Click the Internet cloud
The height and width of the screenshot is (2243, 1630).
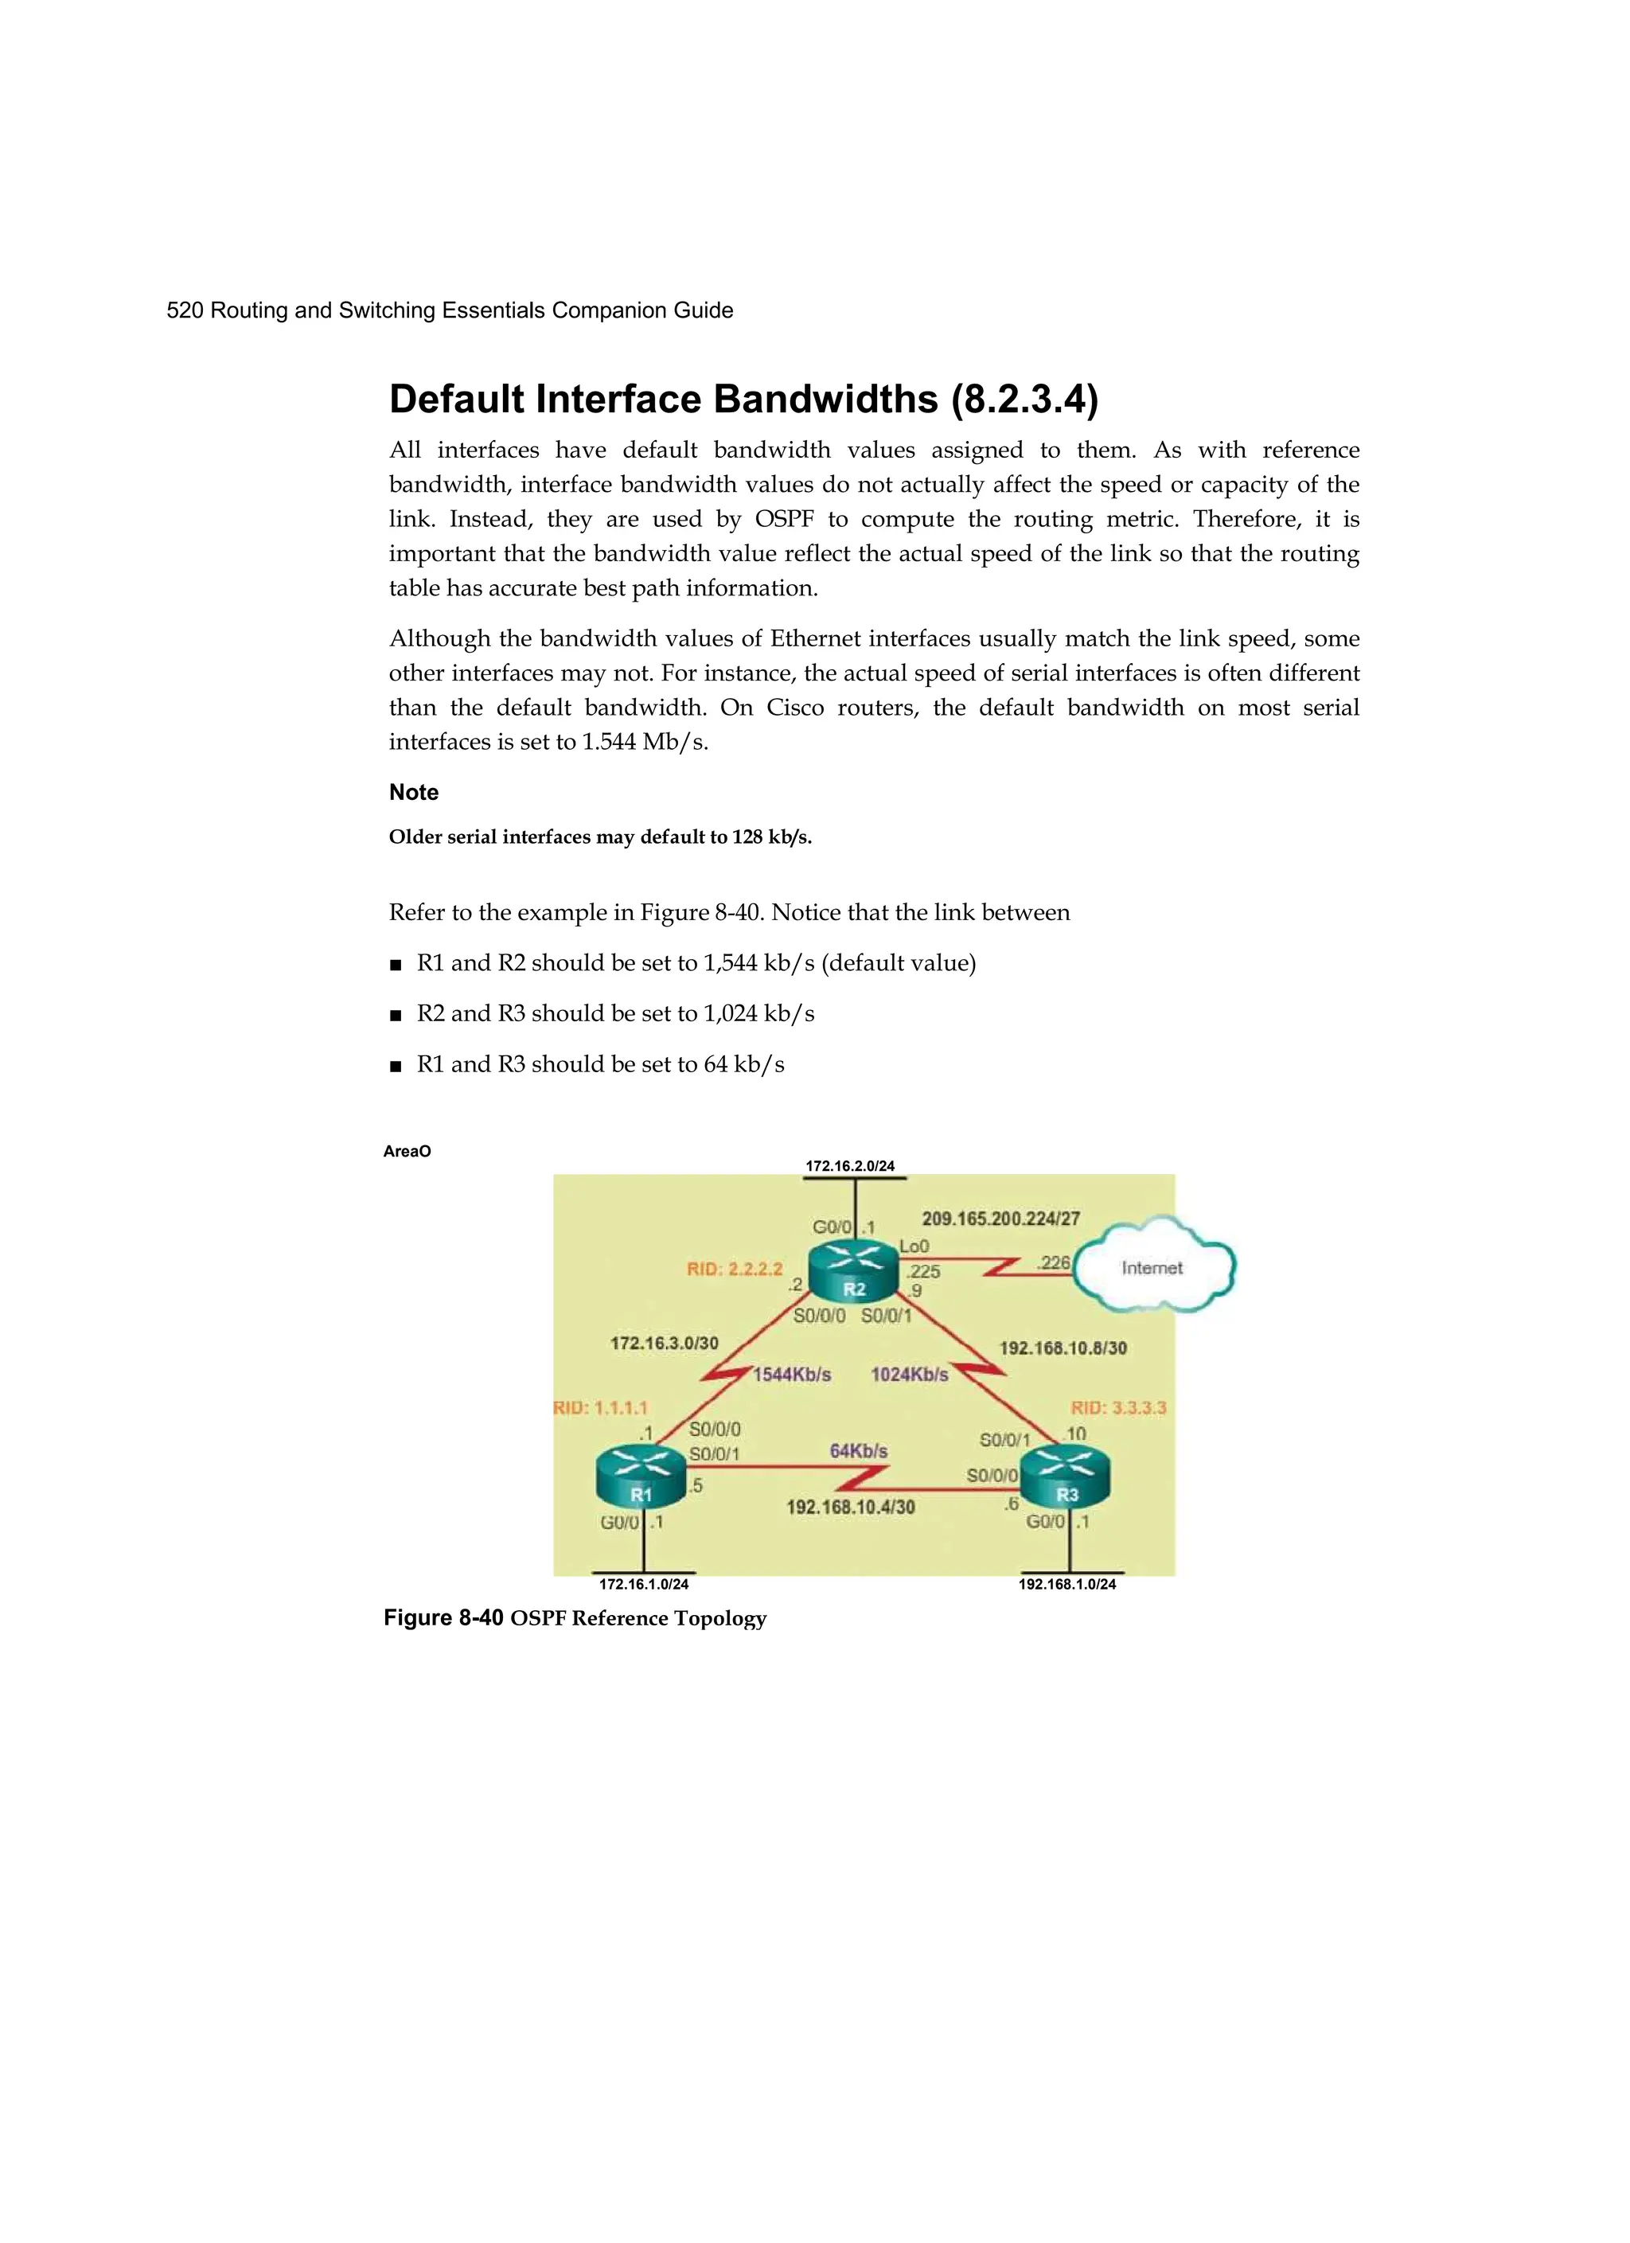click(x=1153, y=1267)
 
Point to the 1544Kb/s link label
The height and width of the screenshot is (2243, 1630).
click(x=791, y=1375)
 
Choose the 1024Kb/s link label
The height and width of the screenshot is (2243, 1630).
click(x=909, y=1375)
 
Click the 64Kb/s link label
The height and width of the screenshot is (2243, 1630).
click(x=859, y=1451)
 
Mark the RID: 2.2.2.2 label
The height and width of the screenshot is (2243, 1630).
click(x=735, y=1269)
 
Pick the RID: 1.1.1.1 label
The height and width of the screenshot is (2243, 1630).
click(x=600, y=1407)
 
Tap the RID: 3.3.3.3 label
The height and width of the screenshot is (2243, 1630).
click(x=1119, y=1407)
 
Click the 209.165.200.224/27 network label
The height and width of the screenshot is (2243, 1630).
click(x=1001, y=1219)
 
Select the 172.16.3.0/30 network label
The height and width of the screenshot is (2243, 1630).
click(x=664, y=1343)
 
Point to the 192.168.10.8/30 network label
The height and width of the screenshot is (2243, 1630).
click(x=1063, y=1348)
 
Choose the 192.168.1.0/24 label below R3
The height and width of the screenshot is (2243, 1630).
click(x=1067, y=1584)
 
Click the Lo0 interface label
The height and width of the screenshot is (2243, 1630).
click(x=914, y=1247)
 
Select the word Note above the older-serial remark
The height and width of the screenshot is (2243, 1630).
click(x=413, y=792)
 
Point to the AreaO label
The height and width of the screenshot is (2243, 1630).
click(x=407, y=1151)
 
